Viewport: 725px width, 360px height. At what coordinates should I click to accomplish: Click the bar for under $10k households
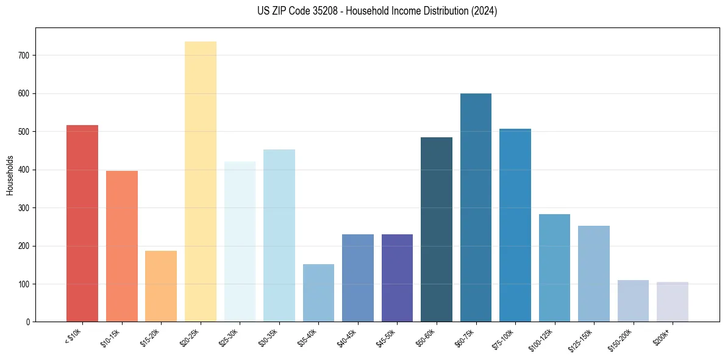click(82, 223)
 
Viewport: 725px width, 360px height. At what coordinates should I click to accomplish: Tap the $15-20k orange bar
click(161, 286)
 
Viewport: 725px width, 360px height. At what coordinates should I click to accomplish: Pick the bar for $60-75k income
click(476, 207)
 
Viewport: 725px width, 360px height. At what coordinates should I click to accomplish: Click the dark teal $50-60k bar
click(437, 229)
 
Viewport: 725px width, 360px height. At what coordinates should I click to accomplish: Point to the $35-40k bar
click(318, 293)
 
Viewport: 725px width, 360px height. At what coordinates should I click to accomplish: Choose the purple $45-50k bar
click(397, 278)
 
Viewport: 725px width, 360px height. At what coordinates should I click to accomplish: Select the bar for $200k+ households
click(672, 302)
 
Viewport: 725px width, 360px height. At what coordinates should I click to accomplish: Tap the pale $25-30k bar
click(240, 242)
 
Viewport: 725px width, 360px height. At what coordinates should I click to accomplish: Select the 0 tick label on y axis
click(29, 322)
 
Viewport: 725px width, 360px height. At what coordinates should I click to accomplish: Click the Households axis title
click(10, 175)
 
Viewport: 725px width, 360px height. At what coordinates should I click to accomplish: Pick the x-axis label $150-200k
click(620, 339)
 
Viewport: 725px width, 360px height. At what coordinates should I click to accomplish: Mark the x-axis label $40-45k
click(347, 337)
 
